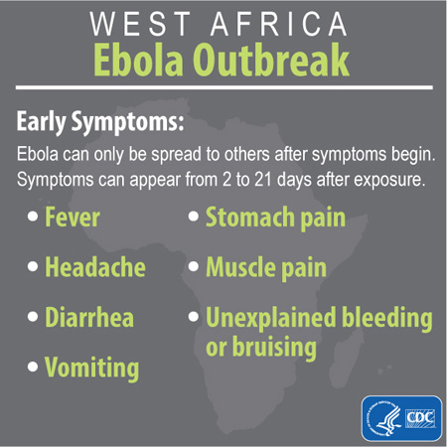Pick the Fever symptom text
coord(72,217)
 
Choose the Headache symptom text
coord(94,267)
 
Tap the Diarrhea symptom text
coord(88,319)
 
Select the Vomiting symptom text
coord(91,369)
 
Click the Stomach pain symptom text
coord(275,217)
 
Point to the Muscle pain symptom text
coord(265,267)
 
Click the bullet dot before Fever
coord(34,218)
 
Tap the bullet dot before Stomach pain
coord(194,218)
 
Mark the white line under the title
coord(223,88)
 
